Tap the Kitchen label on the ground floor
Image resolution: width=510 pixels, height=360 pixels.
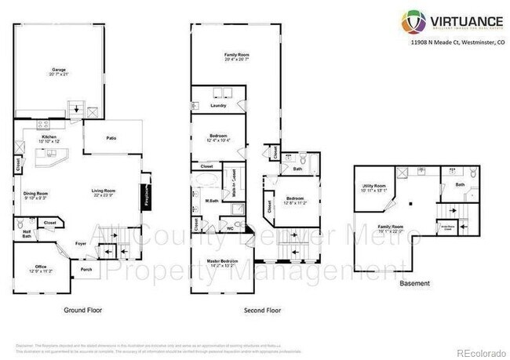[49, 137]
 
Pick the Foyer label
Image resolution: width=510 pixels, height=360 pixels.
[81, 243]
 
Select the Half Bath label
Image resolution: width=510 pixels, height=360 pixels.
[27, 233]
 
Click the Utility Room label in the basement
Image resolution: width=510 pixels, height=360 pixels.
[375, 186]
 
